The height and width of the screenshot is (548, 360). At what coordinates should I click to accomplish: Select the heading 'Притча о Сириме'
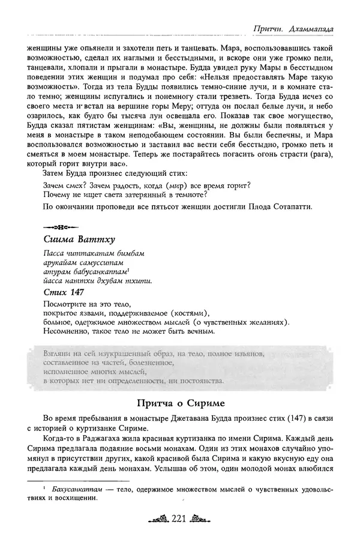[x=179, y=403]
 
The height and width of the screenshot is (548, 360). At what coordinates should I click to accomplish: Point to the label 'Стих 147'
[x=64, y=292]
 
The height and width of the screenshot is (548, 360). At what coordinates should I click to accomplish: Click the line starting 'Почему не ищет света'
[x=126, y=194]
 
